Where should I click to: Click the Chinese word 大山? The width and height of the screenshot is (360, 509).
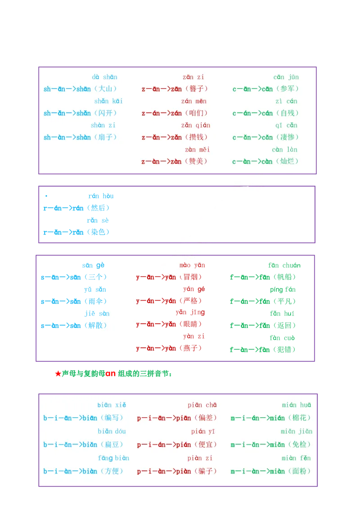106,89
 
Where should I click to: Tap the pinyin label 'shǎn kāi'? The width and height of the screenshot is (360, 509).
108,101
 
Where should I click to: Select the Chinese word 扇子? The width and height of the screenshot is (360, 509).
106,137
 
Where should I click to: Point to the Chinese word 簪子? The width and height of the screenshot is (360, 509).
197,89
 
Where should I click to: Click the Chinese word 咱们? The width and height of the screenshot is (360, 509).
197,113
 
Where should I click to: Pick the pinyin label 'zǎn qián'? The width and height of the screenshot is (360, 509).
196,125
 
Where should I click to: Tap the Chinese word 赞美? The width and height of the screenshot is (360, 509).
197,161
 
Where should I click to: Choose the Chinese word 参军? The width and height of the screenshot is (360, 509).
288,89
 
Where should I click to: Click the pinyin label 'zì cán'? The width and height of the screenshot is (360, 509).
286,101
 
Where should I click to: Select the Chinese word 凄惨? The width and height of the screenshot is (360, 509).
288,137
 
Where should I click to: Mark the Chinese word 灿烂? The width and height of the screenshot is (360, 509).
288,161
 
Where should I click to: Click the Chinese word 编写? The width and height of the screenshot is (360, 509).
112,418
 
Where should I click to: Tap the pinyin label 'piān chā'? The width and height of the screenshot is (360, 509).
202,405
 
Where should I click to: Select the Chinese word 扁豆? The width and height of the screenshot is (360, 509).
112,445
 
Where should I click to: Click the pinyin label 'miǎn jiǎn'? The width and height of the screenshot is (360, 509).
297,432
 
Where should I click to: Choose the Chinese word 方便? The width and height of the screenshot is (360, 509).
112,471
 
